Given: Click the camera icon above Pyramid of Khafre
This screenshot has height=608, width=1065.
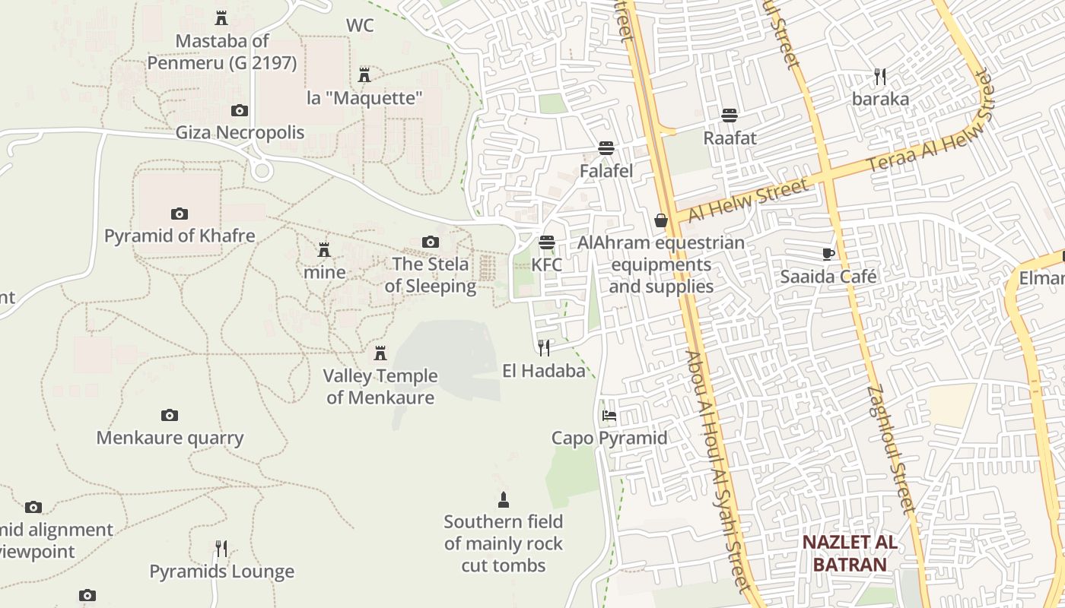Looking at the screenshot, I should click(180, 214).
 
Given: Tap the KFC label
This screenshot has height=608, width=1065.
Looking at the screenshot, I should click(546, 265).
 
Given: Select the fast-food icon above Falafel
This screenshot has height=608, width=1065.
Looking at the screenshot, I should click(606, 147).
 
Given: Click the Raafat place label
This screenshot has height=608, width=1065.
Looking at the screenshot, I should click(730, 138).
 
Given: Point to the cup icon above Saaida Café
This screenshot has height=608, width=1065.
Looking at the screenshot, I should click(828, 254).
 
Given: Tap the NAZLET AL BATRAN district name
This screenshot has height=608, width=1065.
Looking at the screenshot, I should click(850, 553).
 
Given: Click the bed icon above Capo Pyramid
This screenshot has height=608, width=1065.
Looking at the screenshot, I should click(609, 416).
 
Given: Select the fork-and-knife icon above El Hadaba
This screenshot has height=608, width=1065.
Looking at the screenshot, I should click(544, 348).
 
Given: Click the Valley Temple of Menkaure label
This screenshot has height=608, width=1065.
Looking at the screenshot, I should click(380, 386).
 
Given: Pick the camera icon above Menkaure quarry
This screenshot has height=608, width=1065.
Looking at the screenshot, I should click(170, 415).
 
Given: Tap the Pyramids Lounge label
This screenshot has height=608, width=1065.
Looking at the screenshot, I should click(221, 572).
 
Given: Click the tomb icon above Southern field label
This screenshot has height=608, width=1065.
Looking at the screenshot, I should click(503, 500).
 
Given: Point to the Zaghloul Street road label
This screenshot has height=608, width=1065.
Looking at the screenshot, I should click(888, 448).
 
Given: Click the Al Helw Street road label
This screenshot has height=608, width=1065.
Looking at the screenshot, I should click(747, 201).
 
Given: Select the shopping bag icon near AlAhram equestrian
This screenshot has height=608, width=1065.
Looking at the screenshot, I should click(660, 220).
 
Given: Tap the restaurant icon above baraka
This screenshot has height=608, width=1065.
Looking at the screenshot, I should click(880, 77).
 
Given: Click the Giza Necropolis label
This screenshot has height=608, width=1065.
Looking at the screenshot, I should click(240, 133).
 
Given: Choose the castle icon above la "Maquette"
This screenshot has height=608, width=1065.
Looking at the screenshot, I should click(364, 74).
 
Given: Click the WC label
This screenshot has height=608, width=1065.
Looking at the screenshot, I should click(360, 26).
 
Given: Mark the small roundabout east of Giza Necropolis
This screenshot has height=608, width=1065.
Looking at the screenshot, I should click(262, 169).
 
